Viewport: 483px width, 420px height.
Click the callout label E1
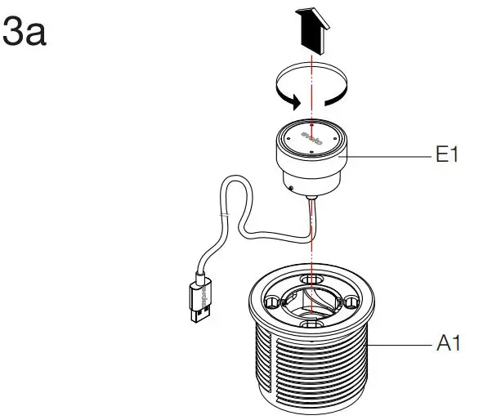click(x=446, y=155)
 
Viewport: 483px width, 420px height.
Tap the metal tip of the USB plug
click(x=198, y=309)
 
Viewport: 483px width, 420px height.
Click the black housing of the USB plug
click(x=203, y=287)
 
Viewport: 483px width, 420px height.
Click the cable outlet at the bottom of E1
click(x=311, y=199)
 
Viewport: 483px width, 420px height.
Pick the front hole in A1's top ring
click(x=311, y=325)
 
